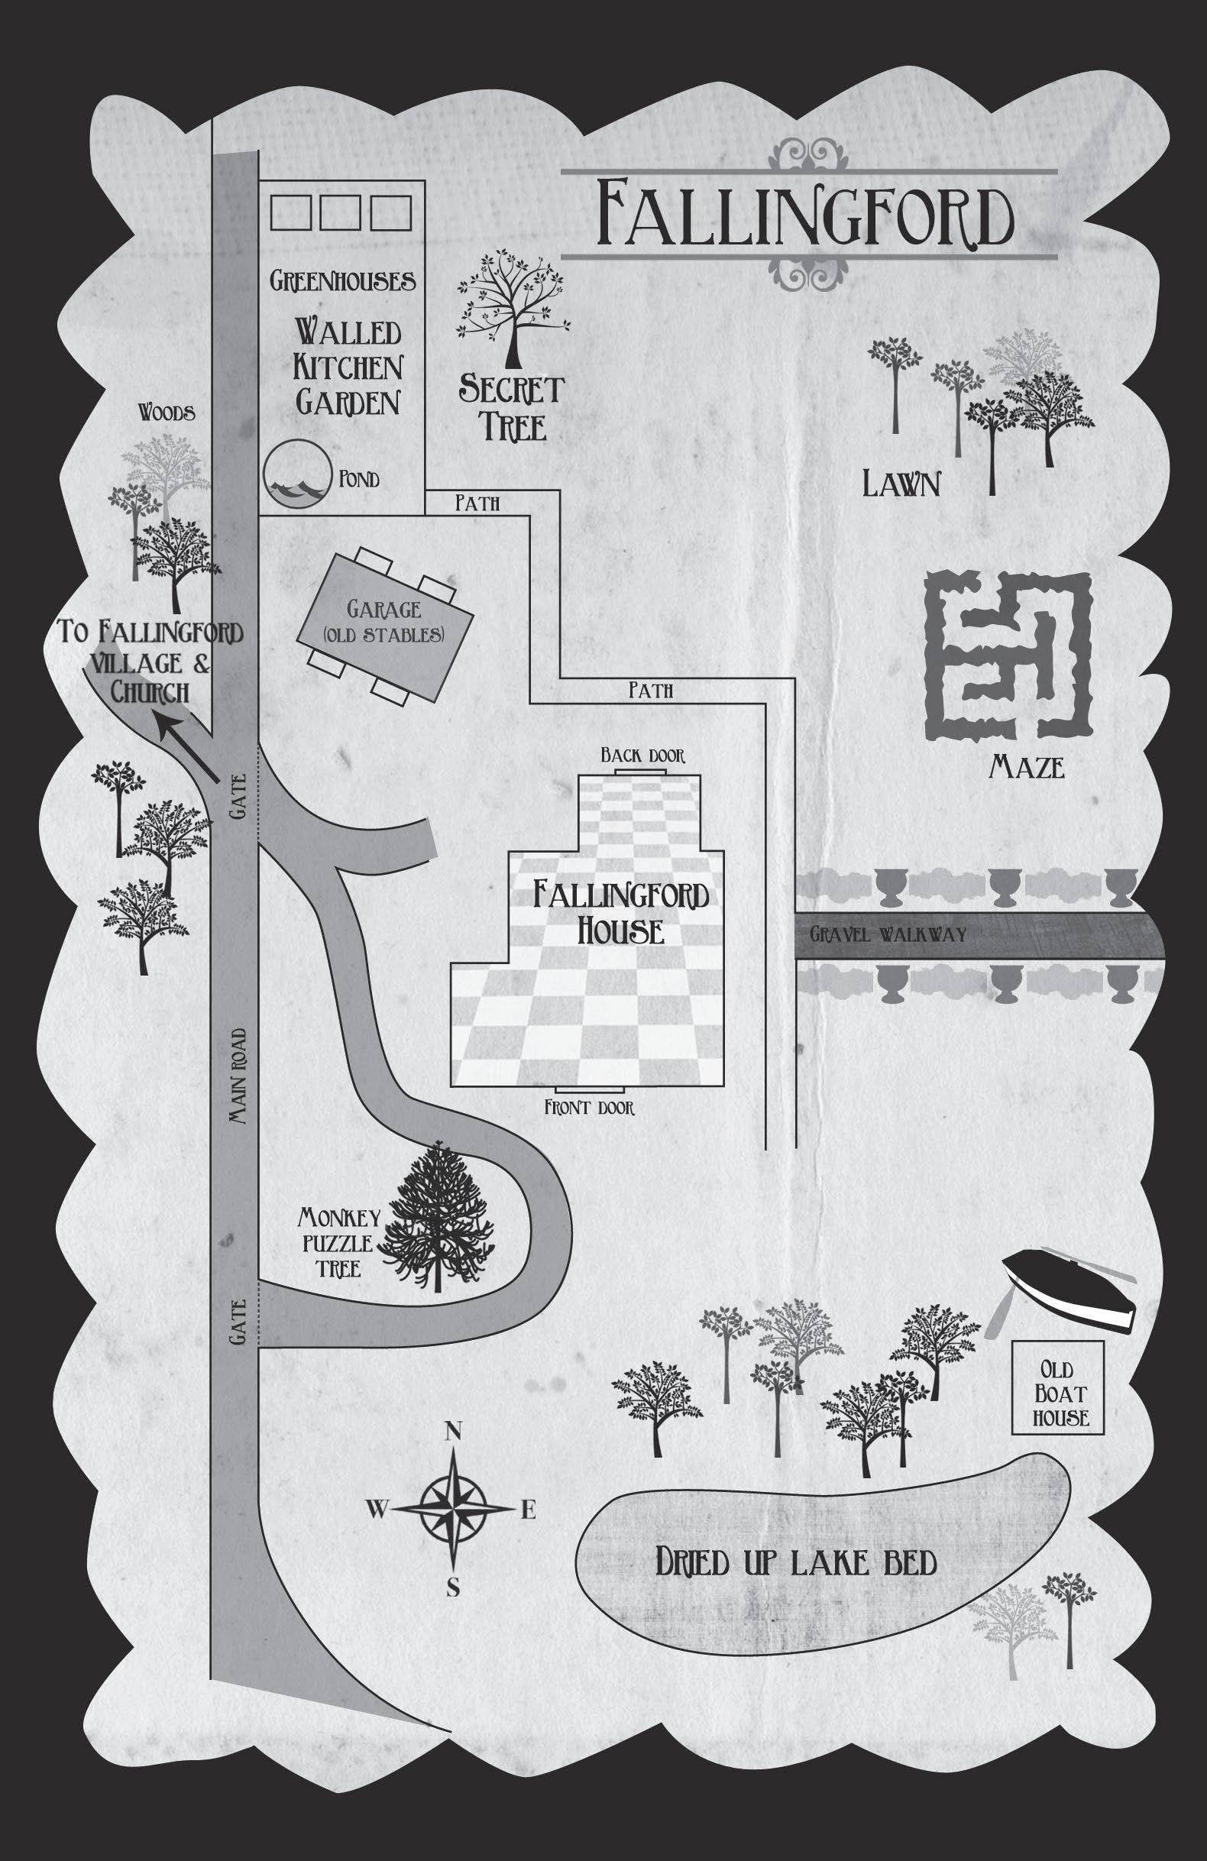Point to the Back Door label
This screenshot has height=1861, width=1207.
pos(642,756)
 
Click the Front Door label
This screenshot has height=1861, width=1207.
pos(590,1107)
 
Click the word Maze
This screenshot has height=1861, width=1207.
pos(1027,768)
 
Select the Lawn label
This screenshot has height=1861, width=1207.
pos(901,485)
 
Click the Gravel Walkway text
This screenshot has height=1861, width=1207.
pos(888,934)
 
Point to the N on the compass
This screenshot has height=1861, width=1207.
pos(451,1431)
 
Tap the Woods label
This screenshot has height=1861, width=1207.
pos(167,413)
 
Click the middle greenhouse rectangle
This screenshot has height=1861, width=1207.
pos(339,212)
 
